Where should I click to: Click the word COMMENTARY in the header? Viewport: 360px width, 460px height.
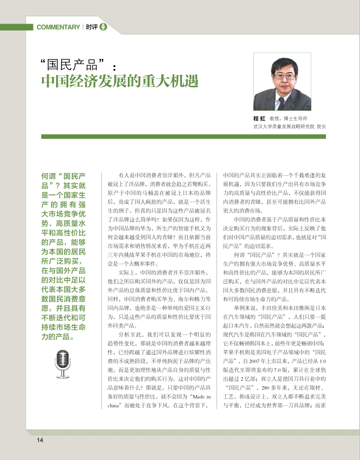point(58,27)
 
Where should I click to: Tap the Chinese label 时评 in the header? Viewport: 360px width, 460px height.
point(91,27)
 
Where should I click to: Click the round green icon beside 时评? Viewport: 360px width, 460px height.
point(103,27)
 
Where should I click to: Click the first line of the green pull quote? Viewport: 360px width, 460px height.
point(64,176)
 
